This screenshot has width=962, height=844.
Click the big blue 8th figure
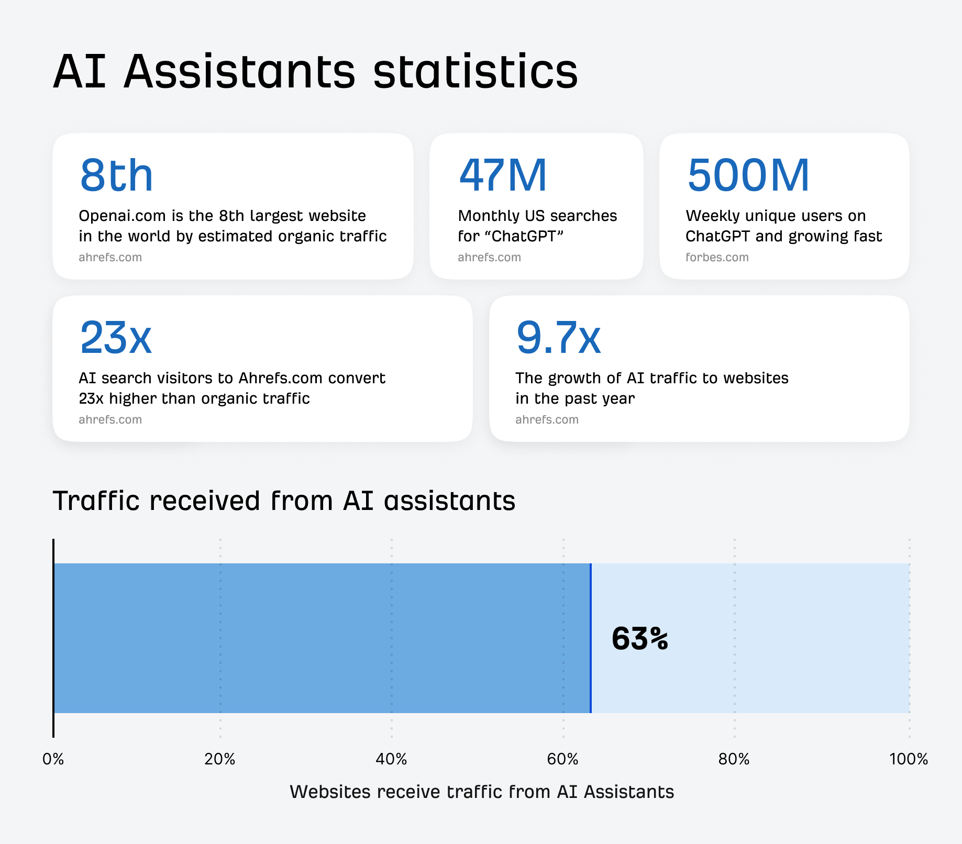pos(116,175)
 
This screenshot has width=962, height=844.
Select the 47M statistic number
pos(503,175)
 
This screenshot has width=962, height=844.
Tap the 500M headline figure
pos(748,175)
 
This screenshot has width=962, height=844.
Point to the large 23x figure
pos(116,338)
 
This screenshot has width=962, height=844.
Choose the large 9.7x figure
pos(558,338)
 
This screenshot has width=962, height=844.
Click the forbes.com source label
pos(717,257)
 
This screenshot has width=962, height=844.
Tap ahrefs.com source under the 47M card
pos(489,257)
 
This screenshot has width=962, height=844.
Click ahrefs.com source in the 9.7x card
pos(547,419)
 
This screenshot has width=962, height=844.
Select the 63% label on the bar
pos(639,639)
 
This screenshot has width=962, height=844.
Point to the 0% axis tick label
pos(53,759)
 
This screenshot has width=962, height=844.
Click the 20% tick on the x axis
pos(219,759)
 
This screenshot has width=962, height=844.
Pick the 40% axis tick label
pos(391,759)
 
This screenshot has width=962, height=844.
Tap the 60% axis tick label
pos(562,759)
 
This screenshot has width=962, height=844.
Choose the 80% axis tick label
pos(734,759)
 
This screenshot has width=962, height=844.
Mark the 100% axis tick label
pos(908,759)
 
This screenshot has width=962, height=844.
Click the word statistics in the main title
pos(475,72)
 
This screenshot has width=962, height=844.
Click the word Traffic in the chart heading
pos(97,501)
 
